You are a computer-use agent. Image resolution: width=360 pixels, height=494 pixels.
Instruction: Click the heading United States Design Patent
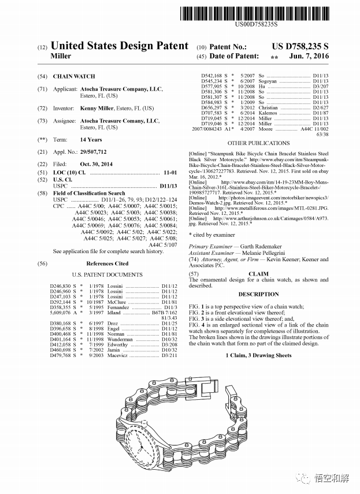coord(120,46)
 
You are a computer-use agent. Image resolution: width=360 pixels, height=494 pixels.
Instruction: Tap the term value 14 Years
coord(91,139)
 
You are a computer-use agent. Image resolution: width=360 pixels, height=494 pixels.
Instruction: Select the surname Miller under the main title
coord(61,56)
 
